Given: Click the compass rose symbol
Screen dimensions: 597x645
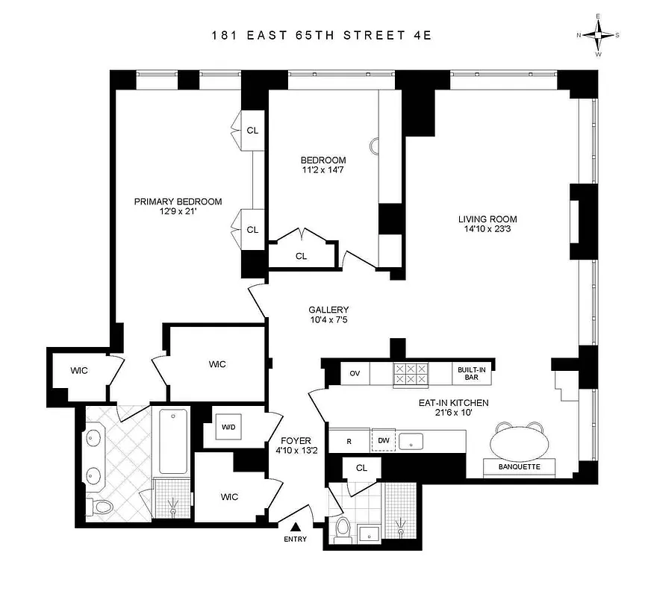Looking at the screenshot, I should click(x=598, y=34).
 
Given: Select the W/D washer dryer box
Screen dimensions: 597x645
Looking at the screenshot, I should click(x=228, y=428).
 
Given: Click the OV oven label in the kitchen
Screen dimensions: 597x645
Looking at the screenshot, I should click(x=355, y=372).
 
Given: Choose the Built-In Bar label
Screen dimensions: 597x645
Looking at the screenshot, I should click(x=470, y=373).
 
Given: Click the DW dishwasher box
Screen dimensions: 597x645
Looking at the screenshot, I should click(x=383, y=441).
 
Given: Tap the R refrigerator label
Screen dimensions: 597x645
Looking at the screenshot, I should click(x=349, y=441).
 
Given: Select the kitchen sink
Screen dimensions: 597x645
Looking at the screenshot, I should click(x=411, y=440).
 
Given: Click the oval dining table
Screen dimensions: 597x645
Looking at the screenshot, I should click(x=523, y=443).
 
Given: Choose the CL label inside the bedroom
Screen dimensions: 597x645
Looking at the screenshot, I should click(x=301, y=256).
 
